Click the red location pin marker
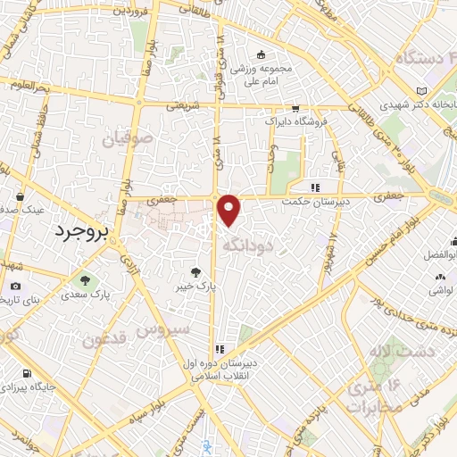click(x=229, y=209)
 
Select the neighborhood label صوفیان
click(x=121, y=139)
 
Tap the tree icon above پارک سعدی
click(x=87, y=278)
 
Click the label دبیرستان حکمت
click(x=316, y=203)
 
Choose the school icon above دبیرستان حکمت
click(x=314, y=187)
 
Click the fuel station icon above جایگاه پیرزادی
click(x=29, y=373)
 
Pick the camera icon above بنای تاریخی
click(x=15, y=287)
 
